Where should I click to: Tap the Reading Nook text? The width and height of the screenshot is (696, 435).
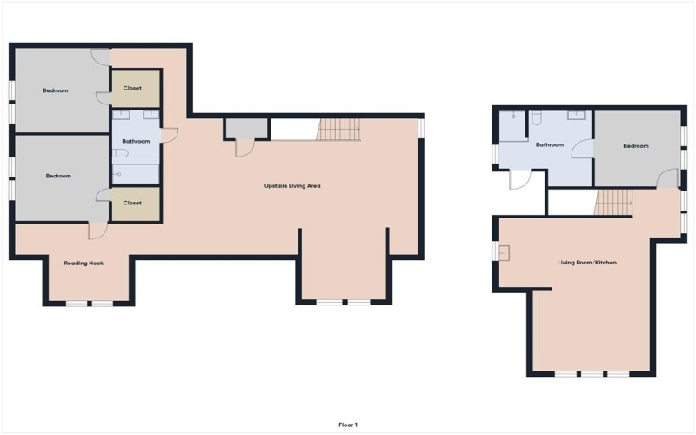84,263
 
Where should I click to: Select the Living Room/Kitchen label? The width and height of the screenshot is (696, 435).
587,262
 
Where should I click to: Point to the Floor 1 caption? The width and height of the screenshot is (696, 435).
348,425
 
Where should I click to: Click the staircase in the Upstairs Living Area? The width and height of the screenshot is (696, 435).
339,130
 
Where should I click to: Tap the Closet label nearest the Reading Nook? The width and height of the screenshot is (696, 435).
132,203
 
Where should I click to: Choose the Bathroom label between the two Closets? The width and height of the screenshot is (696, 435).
136,141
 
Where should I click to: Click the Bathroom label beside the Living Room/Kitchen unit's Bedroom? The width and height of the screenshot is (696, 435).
549,145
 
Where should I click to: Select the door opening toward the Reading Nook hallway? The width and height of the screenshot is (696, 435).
97,229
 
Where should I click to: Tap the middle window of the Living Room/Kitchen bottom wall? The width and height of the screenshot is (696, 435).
592,374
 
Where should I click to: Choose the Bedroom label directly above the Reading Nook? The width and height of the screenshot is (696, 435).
58,176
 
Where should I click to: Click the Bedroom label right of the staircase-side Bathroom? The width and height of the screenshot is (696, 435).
636,146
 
